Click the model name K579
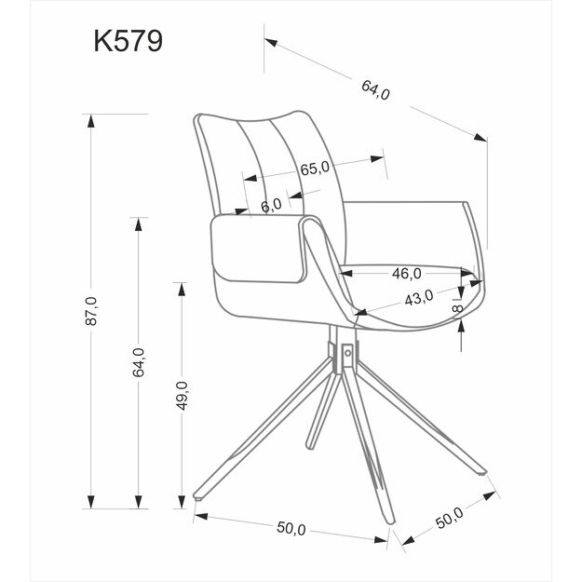128,42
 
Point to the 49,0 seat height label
183,396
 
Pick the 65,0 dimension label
315,169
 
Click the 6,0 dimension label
271,206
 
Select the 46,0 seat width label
406,274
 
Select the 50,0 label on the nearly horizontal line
291,528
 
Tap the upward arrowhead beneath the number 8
462,321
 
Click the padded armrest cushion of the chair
258,247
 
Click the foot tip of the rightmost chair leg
485,474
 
